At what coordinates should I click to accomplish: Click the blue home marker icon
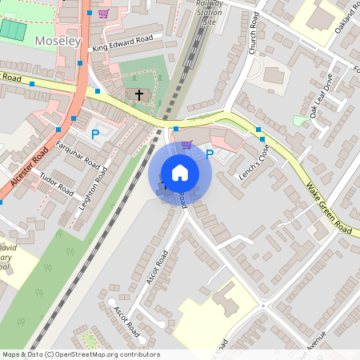[x=180, y=172]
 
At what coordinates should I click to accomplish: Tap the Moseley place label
[x=58, y=40]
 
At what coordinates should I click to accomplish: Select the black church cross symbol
[x=139, y=95]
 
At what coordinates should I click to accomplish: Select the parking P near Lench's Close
[x=210, y=154]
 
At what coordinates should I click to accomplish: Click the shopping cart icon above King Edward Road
[x=103, y=13]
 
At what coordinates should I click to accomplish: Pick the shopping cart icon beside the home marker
[x=186, y=145]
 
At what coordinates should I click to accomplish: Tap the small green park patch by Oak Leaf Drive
[x=298, y=120]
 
